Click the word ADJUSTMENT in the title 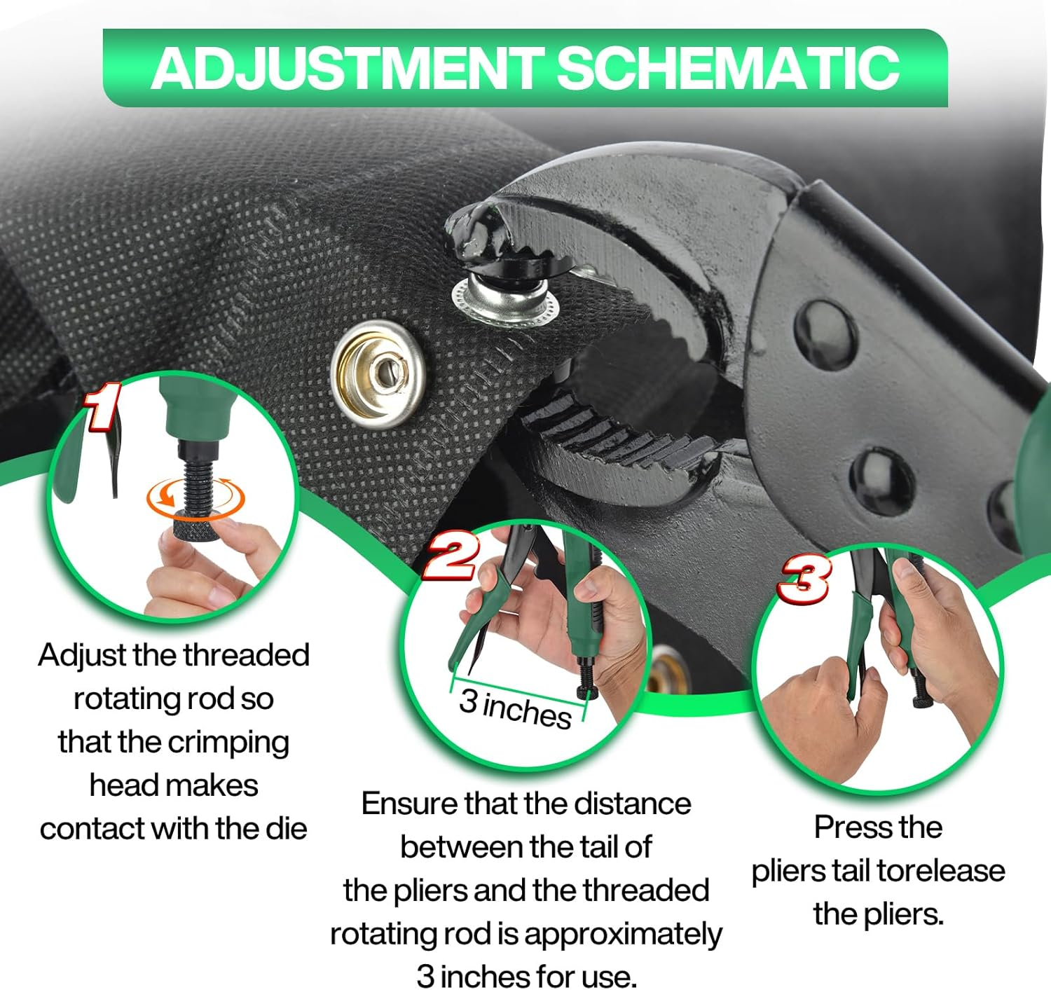[x=347, y=68]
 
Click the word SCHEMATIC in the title [x=728, y=68]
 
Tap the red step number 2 [x=453, y=556]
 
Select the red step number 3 [x=805, y=579]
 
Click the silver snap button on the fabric [x=379, y=369]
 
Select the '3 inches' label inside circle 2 [x=515, y=708]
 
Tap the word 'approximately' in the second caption [x=623, y=934]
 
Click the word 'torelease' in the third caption [x=941, y=871]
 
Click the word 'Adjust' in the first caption [x=82, y=656]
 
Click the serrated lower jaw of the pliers [x=617, y=434]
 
